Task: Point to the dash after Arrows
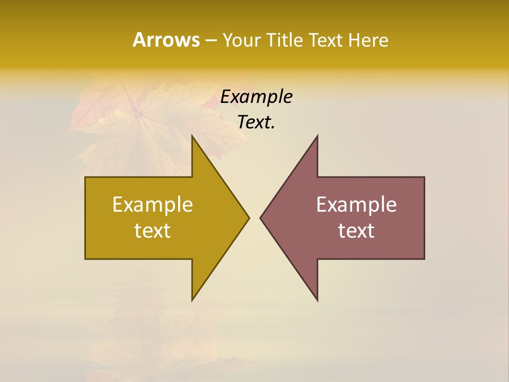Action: click(x=210, y=41)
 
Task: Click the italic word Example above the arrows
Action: click(x=257, y=97)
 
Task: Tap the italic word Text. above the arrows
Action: click(x=257, y=122)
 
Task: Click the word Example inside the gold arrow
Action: click(x=153, y=205)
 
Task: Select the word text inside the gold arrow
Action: click(x=153, y=230)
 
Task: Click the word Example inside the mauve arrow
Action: click(x=356, y=205)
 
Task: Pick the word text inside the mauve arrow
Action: click(x=356, y=230)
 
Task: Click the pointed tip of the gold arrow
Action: click(x=249, y=218)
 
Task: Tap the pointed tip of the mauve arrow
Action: click(x=260, y=218)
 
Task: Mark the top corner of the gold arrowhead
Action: click(x=192, y=136)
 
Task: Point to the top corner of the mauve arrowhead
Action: click(x=317, y=136)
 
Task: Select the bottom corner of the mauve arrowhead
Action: click(x=317, y=300)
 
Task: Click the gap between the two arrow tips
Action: click(x=254, y=218)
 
